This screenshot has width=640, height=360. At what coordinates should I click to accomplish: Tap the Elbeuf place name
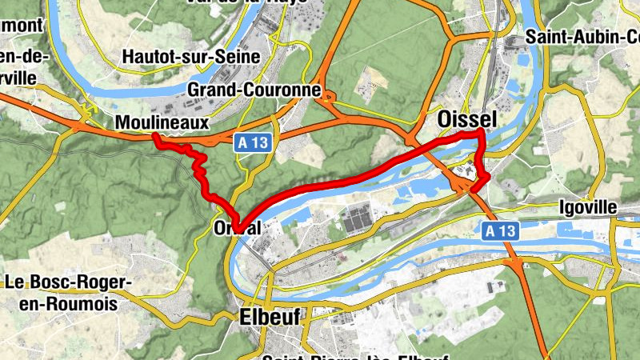click(x=270, y=318)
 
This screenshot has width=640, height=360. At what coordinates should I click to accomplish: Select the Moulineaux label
click(x=162, y=122)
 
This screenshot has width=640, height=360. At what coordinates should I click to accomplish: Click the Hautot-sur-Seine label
click(x=191, y=57)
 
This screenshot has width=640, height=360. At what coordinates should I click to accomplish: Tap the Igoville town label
click(x=588, y=207)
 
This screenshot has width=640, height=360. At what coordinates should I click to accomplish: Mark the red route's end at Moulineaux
click(x=154, y=138)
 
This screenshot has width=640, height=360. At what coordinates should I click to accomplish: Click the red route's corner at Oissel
click(x=481, y=131)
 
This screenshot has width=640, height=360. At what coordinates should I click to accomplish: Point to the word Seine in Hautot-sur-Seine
click(x=238, y=57)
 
